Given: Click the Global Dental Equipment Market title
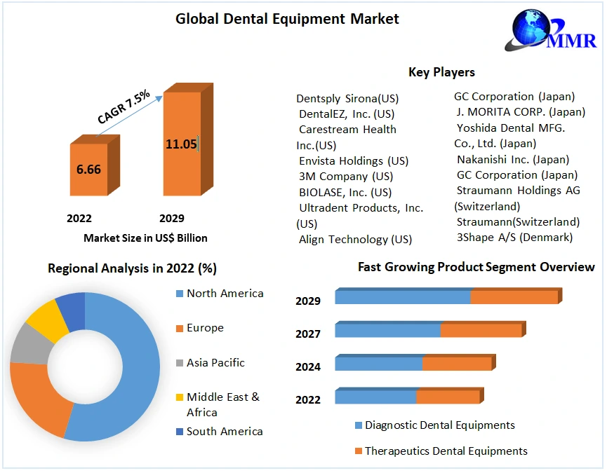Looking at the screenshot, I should pos(287,19).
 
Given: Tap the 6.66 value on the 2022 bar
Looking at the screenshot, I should pos(88,170).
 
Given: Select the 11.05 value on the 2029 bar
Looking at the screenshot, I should pos(181,144).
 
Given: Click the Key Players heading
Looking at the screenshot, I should pos(441,72).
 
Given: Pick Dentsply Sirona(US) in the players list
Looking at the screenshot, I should pos(347,98).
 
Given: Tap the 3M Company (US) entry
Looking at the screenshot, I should pos(346,177).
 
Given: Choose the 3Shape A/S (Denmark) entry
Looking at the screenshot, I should pos(514,237).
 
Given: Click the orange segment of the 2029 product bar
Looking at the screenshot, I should pos(514,297).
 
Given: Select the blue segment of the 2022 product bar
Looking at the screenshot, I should pos(375,397).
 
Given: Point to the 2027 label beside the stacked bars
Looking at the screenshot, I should pos(308,334).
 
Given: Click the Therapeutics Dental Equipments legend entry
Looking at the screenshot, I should pos(446,451).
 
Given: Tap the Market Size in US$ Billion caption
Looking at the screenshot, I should pos(145,238).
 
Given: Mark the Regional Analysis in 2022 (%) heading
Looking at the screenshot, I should pos(132,268).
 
